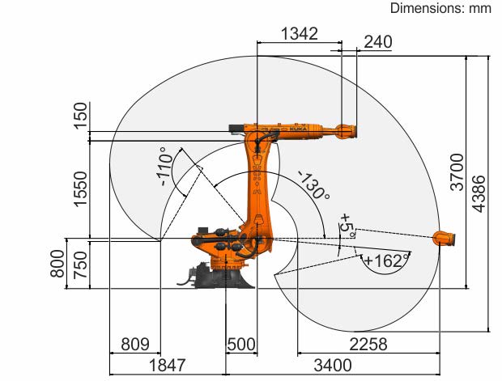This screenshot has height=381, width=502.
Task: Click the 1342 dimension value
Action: click(x=300, y=34)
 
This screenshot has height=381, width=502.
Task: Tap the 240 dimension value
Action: click(x=378, y=42)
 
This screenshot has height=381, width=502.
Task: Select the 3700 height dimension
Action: click(x=457, y=172)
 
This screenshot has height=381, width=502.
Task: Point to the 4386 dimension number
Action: click(x=479, y=193)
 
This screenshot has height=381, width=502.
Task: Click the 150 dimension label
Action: click(x=80, y=116)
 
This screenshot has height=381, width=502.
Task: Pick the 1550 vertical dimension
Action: click(x=80, y=189)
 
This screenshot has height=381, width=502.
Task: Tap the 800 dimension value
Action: click(x=57, y=263)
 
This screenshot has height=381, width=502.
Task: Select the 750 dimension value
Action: click(x=80, y=265)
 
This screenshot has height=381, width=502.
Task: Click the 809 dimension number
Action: click(x=135, y=345)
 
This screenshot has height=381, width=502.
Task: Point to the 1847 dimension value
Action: click(x=167, y=365)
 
